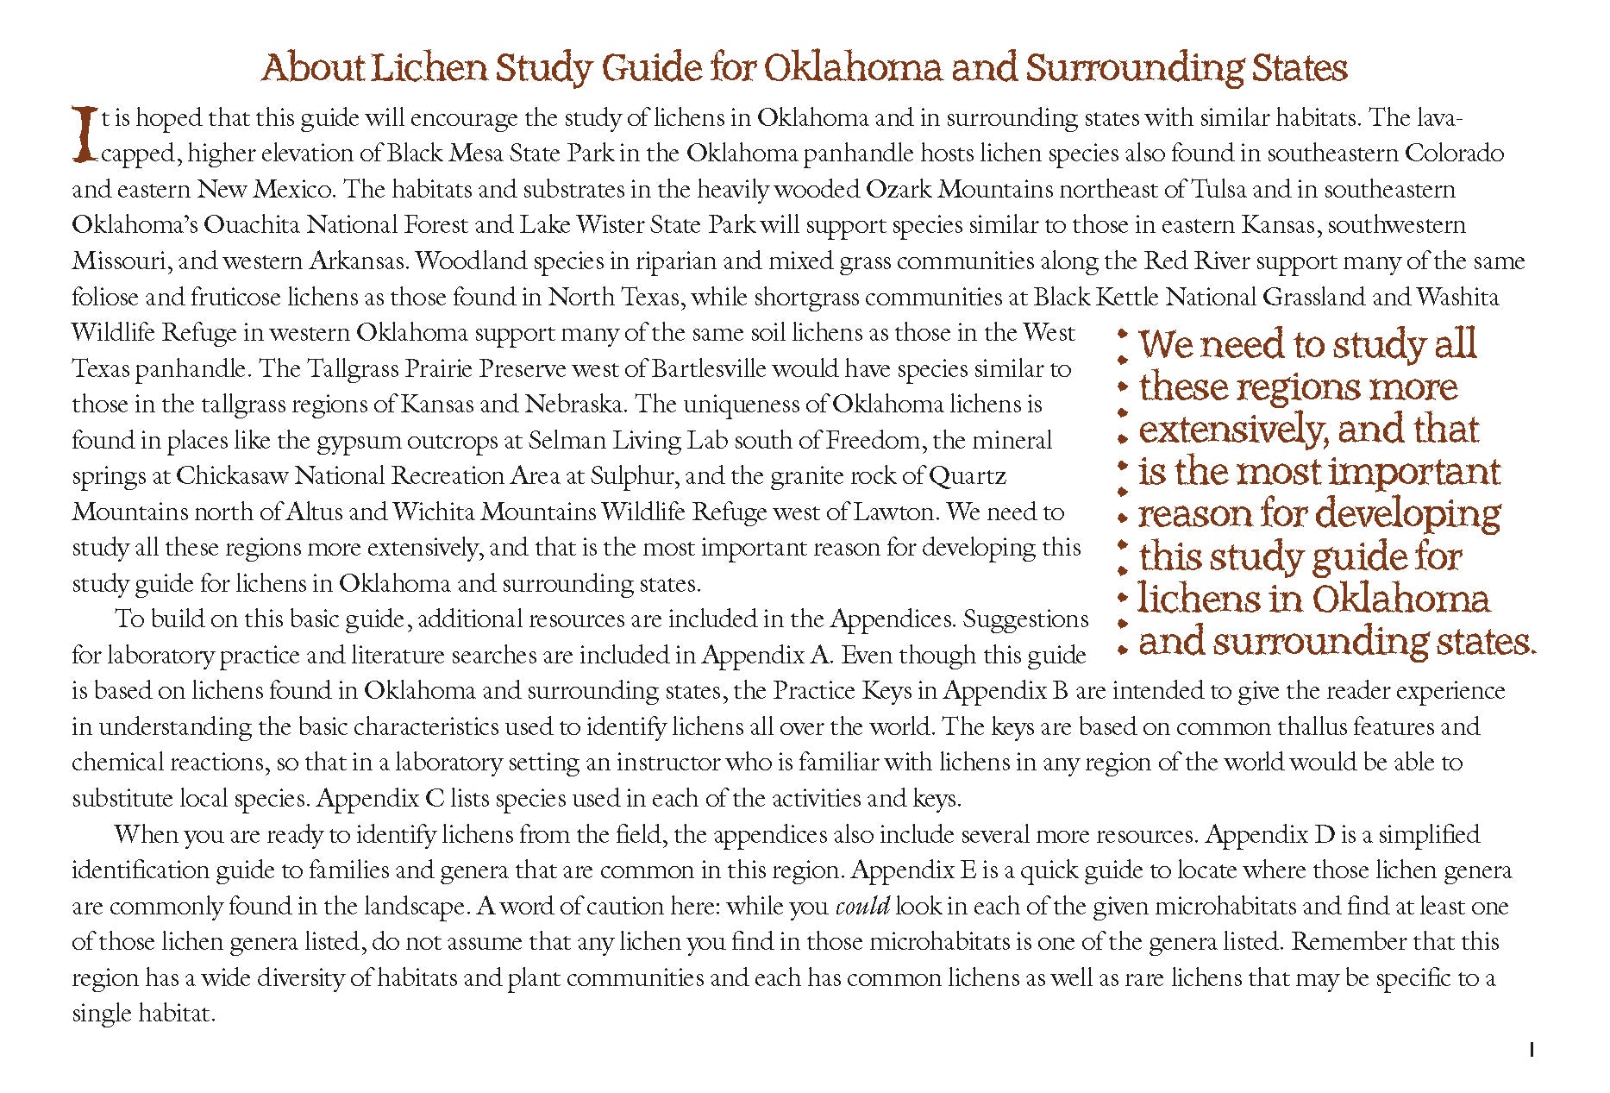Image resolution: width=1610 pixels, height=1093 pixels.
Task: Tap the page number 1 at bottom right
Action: (1532, 1050)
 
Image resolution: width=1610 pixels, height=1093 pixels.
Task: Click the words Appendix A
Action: (767, 656)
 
